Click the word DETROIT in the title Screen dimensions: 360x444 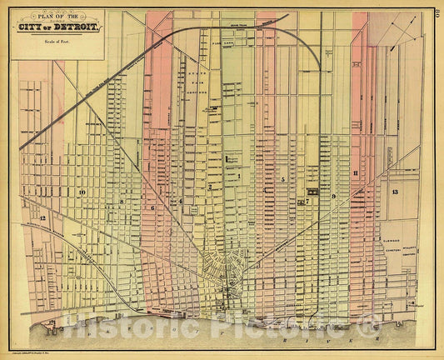click(x=81, y=28)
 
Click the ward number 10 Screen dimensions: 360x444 click(x=82, y=192)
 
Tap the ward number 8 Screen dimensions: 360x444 click(x=121, y=201)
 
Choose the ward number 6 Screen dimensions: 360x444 click(x=153, y=207)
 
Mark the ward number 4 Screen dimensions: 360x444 click(x=181, y=201)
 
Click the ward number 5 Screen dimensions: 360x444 click(x=282, y=180)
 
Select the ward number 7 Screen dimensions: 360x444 click(x=307, y=201)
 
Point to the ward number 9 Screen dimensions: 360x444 click(x=332, y=197)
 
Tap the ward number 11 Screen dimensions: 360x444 click(x=356, y=173)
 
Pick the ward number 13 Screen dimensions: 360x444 click(x=394, y=192)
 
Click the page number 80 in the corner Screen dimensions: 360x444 click(x=437, y=12)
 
